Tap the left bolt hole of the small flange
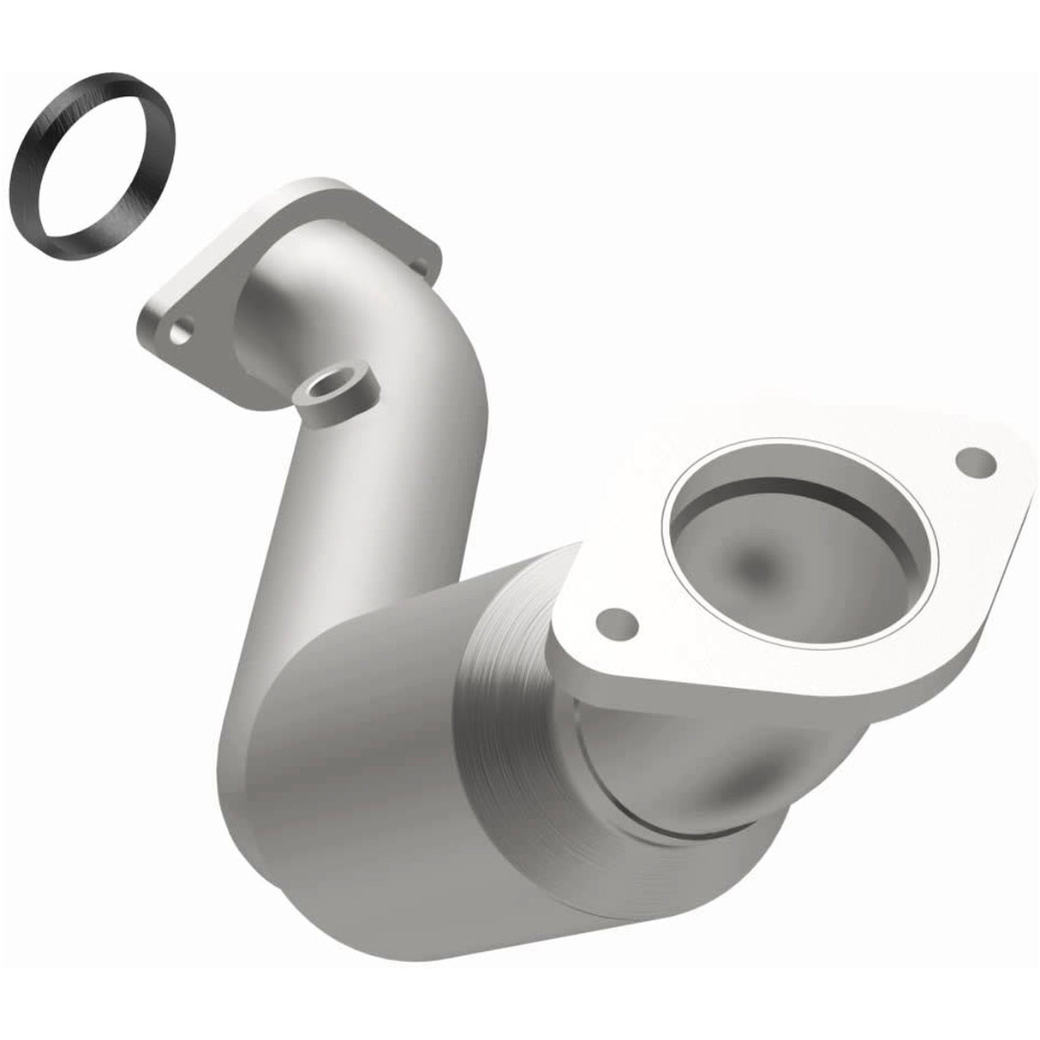coord(181,330)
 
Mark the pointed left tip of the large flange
coord(561,634)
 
